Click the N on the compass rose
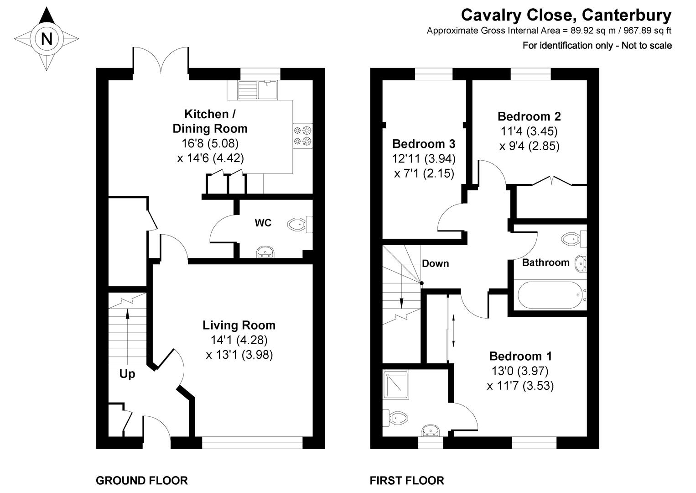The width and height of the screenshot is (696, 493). point(47,39)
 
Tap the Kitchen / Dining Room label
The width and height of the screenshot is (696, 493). point(210,121)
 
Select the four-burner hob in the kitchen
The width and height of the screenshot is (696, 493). point(302,136)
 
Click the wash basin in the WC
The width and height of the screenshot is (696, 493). point(265,252)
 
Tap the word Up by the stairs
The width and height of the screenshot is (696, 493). point(127,374)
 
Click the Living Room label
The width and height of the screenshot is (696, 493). point(239,325)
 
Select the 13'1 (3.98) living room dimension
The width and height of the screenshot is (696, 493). point(239,355)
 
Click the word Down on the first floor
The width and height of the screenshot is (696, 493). point(435,263)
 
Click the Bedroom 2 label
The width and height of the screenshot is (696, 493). point(529,116)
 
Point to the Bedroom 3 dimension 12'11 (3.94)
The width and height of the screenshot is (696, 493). point(424,159)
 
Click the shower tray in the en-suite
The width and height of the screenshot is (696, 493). point(396,385)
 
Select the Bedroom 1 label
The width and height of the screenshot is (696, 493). point(520,356)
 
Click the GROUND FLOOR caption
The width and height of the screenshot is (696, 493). point(141,481)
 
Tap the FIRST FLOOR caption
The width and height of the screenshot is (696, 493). point(406,481)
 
